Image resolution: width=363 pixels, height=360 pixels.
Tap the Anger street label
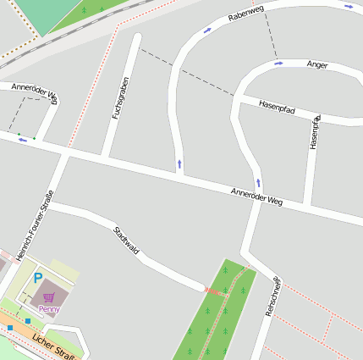(x=317, y=64)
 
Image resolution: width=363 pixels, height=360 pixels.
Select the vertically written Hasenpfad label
(x=314, y=132)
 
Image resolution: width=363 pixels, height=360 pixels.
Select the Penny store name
(x=49, y=309)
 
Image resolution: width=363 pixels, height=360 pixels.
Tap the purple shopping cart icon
(x=49, y=297)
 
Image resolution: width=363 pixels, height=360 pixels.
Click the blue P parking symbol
(x=37, y=278)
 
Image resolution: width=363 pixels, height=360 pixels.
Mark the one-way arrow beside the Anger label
(x=278, y=64)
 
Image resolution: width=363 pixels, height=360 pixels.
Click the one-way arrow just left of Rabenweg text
(x=207, y=30)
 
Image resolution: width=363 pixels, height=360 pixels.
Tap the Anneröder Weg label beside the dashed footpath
(x=35, y=91)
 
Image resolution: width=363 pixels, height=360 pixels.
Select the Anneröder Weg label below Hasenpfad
(x=256, y=197)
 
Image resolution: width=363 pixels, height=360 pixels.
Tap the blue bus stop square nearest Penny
(x=28, y=321)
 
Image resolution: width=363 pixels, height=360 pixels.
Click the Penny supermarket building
(x=55, y=292)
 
